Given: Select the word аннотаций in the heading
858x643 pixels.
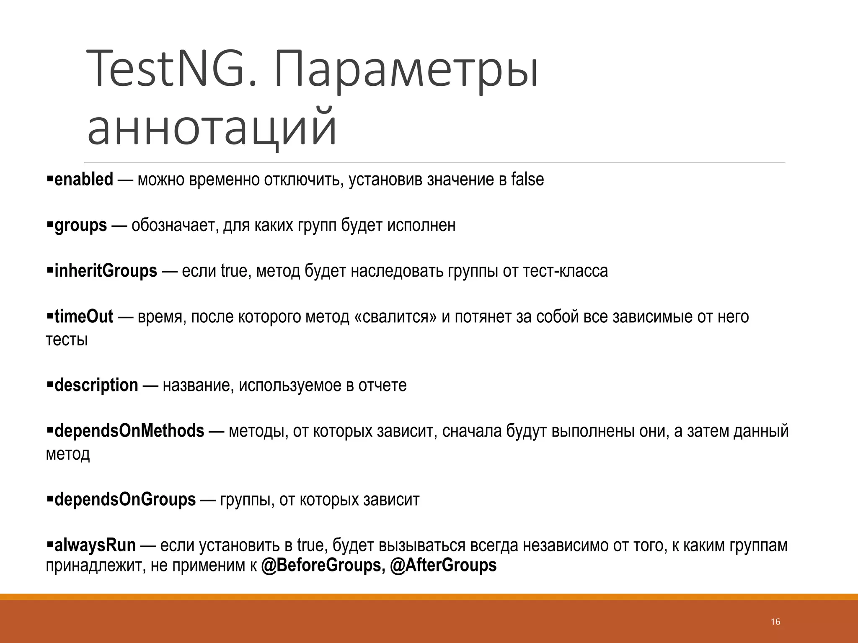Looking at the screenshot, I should pyautogui.click(x=212, y=126).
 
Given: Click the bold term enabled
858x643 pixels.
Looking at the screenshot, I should pyautogui.click(x=84, y=180).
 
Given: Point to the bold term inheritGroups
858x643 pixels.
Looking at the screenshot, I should pyautogui.click(x=106, y=271).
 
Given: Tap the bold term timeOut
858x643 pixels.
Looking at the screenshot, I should pyautogui.click(x=84, y=317).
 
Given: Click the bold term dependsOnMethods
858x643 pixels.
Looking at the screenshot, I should pyautogui.click(x=129, y=431).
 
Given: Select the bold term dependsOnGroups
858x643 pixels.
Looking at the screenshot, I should pyautogui.click(x=125, y=500).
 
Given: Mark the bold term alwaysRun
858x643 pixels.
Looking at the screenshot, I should pyautogui.click(x=95, y=545).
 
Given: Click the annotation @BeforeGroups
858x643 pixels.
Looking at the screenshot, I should pyautogui.click(x=321, y=566).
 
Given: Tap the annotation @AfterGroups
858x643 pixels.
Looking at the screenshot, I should pyautogui.click(x=443, y=566).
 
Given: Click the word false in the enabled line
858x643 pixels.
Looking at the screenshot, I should pyautogui.click(x=527, y=180).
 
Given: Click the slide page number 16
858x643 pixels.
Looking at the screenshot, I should pyautogui.click(x=775, y=622).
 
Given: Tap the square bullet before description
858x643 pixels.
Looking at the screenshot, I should pyautogui.click(x=49, y=383).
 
